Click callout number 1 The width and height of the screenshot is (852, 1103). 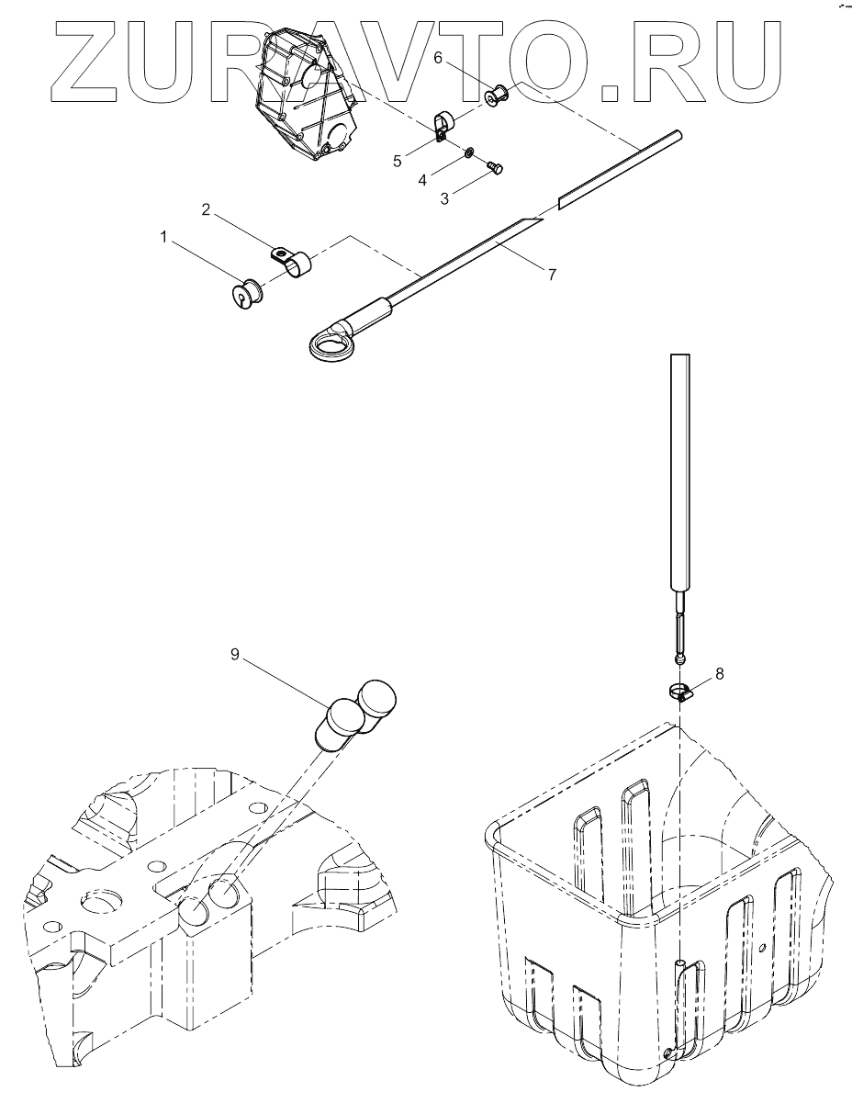click(x=164, y=237)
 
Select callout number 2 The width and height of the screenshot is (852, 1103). click(x=207, y=210)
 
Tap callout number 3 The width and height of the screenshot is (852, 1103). click(x=444, y=198)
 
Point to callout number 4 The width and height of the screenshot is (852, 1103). click(x=422, y=181)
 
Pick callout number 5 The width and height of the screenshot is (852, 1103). click(x=398, y=162)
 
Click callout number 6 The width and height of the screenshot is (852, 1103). click(x=438, y=58)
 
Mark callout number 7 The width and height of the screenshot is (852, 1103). click(x=552, y=273)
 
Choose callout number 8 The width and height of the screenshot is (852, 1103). click(x=719, y=674)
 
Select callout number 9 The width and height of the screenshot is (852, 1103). click(x=235, y=655)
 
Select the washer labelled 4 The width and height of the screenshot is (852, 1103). click(x=470, y=152)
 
